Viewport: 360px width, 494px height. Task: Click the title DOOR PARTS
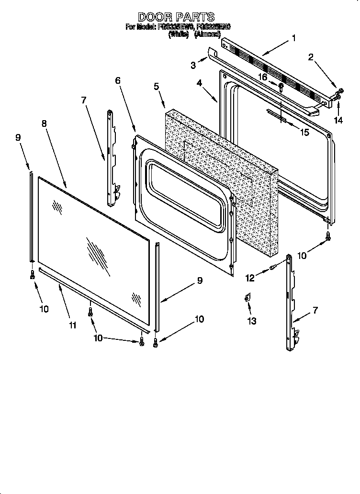(177, 17)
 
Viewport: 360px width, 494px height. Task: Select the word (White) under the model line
(180, 34)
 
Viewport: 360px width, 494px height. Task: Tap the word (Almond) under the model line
(208, 34)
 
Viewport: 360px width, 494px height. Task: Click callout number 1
(293, 38)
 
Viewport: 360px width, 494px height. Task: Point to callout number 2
(311, 58)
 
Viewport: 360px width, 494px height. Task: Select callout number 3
(193, 64)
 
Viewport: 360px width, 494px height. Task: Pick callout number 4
(199, 83)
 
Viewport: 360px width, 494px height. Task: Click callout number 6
(117, 81)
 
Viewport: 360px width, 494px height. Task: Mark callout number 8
(44, 123)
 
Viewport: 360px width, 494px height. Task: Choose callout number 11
(72, 325)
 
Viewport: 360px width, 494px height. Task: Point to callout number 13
(252, 321)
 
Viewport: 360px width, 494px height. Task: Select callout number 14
(338, 120)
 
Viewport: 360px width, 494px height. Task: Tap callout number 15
(304, 132)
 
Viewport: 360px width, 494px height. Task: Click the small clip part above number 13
(247, 298)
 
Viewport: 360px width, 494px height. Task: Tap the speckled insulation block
(220, 182)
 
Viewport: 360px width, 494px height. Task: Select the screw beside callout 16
(281, 87)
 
